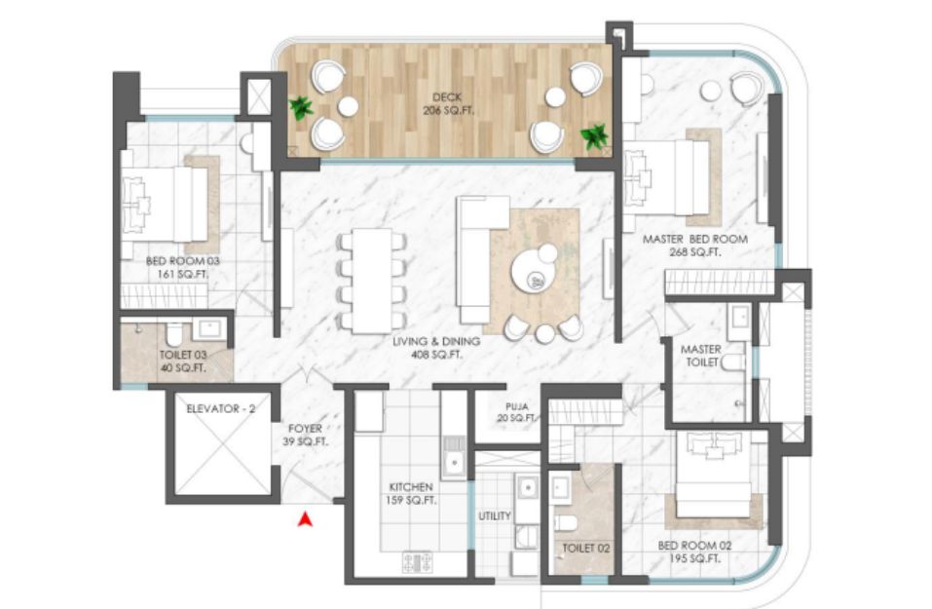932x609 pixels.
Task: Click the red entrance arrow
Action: pyautogui.click(x=305, y=519)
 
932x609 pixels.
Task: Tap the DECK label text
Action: pyautogui.click(x=447, y=96)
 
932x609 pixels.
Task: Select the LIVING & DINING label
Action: pyautogui.click(x=436, y=341)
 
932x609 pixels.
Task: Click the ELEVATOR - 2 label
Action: pyautogui.click(x=220, y=408)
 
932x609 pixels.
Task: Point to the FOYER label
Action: pyautogui.click(x=305, y=428)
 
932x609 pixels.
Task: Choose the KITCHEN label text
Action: pyautogui.click(x=411, y=486)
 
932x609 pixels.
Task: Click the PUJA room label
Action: pyautogui.click(x=517, y=406)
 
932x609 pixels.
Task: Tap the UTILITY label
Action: pyautogui.click(x=495, y=515)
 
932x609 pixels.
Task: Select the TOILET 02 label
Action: pyautogui.click(x=586, y=548)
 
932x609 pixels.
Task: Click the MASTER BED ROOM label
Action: pyautogui.click(x=694, y=239)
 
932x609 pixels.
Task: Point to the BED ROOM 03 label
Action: pyautogui.click(x=182, y=261)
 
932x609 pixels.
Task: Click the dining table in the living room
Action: pyautogui.click(x=372, y=282)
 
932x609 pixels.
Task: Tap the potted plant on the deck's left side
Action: pyautogui.click(x=301, y=108)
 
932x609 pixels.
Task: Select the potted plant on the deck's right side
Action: pyautogui.click(x=594, y=136)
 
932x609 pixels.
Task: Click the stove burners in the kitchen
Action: pyautogui.click(x=418, y=561)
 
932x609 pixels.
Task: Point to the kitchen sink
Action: pyautogui.click(x=454, y=457)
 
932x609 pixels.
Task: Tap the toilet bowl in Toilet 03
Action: pyautogui.click(x=173, y=333)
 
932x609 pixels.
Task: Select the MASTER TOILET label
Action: pyautogui.click(x=701, y=356)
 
